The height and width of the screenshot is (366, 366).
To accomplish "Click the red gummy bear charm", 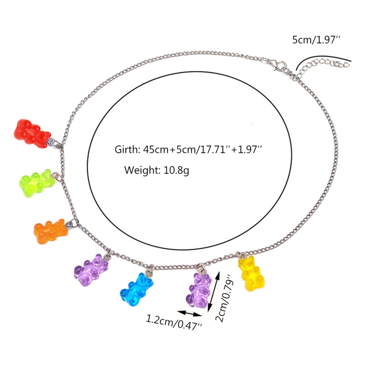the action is (x=32, y=134).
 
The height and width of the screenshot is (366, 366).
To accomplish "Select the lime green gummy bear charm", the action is (x=37, y=183).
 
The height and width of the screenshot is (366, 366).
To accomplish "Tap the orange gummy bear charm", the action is (x=51, y=231).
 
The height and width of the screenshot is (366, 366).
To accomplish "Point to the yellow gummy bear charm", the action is (x=251, y=273).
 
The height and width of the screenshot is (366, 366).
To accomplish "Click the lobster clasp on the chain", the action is (x=278, y=65).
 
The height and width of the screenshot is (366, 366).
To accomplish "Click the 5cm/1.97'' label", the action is (x=316, y=40).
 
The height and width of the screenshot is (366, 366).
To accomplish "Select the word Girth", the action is (x=127, y=150).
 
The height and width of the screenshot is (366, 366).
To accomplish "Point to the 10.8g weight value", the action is (x=177, y=170).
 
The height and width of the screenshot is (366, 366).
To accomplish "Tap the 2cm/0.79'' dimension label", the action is (x=225, y=298).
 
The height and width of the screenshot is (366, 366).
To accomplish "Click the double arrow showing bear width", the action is (x=189, y=313).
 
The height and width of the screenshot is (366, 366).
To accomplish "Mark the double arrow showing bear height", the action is (x=214, y=290).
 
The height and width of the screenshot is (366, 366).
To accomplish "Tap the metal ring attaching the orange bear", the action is (x=73, y=223).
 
